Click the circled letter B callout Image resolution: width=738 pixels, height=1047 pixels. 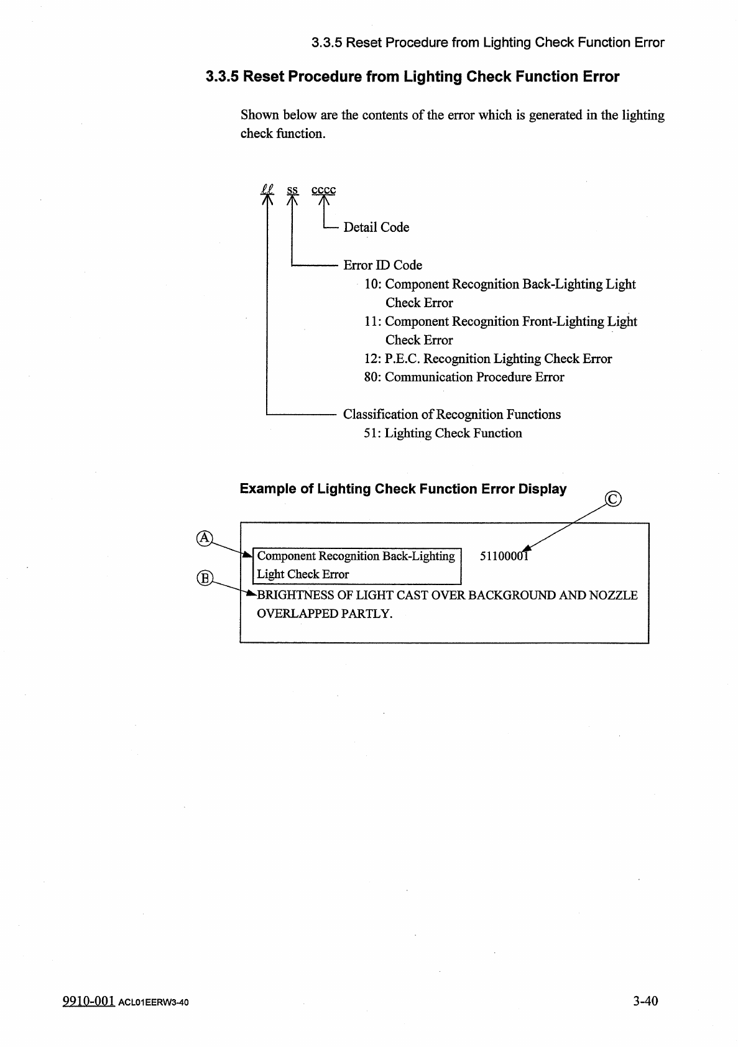(204, 578)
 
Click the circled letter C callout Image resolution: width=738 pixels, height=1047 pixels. (613, 499)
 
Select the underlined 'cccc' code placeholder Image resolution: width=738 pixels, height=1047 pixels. (323, 190)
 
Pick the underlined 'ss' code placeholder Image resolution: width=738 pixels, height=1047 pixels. (292, 190)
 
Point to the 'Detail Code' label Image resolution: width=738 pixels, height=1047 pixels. (376, 228)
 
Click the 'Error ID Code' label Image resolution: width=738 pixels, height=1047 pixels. (382, 265)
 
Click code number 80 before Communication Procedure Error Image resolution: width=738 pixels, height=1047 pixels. (371, 377)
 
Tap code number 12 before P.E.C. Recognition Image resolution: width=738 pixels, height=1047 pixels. (371, 359)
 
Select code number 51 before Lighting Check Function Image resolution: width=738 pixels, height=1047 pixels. (371, 433)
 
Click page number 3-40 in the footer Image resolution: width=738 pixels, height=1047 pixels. (645, 1000)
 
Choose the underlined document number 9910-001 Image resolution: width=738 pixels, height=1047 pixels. (88, 1000)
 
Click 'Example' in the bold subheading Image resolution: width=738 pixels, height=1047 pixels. (268, 489)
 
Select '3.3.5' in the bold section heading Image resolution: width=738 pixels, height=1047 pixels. (222, 77)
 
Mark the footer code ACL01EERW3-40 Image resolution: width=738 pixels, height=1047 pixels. (153, 1002)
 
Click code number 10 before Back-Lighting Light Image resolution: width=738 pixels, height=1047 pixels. (371, 284)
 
